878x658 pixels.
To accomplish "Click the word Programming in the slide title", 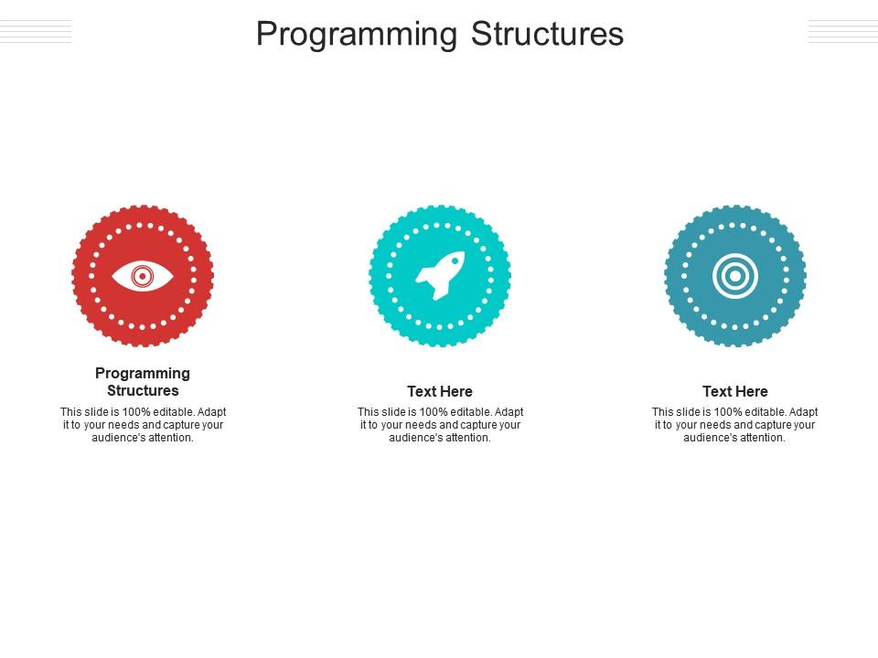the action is tap(357, 35).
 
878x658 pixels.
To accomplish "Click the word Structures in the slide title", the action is tap(547, 34).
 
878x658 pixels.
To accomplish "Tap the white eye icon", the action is tap(143, 276).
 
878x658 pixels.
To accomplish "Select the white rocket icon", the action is tap(440, 275).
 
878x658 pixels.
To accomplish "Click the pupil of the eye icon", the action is tap(143, 276).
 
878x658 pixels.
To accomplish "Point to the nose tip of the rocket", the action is tap(464, 252).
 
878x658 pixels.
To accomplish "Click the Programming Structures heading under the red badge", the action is tap(143, 382).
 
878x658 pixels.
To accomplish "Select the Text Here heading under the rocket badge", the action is tap(440, 391).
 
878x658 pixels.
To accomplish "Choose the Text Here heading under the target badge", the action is tap(735, 391).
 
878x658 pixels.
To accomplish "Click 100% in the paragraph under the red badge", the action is tap(134, 412).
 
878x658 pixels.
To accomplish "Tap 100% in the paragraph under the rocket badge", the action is tap(432, 412).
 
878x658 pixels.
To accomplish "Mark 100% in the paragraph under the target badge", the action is tap(726, 412).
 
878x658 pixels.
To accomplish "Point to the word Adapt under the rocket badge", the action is tap(509, 412).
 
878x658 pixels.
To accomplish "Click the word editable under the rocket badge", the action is tap(470, 412).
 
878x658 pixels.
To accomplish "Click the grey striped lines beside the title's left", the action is tap(36, 31).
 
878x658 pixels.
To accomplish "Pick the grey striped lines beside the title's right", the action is tap(842, 31).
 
